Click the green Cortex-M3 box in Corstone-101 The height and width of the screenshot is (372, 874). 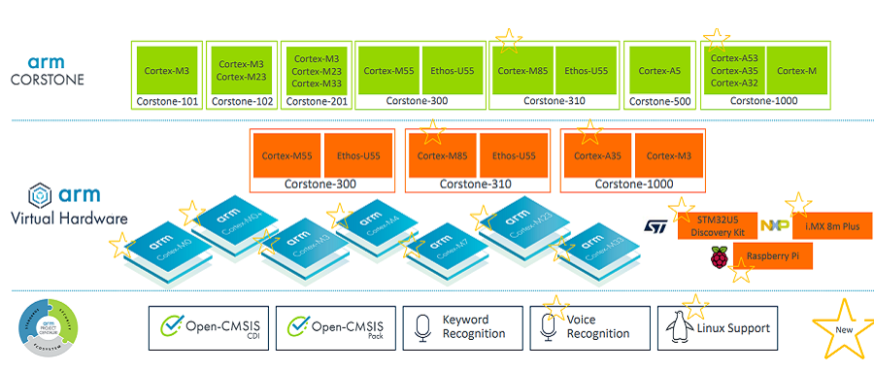166,70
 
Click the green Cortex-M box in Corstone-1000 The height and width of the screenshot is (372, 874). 804,70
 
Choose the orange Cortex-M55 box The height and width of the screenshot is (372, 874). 286,155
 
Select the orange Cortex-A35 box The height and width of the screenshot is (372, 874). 597,155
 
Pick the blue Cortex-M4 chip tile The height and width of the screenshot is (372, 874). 374,228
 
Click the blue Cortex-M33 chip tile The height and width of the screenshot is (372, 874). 599,254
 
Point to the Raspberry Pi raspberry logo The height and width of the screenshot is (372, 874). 719,258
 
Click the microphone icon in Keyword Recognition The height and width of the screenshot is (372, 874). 422,327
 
